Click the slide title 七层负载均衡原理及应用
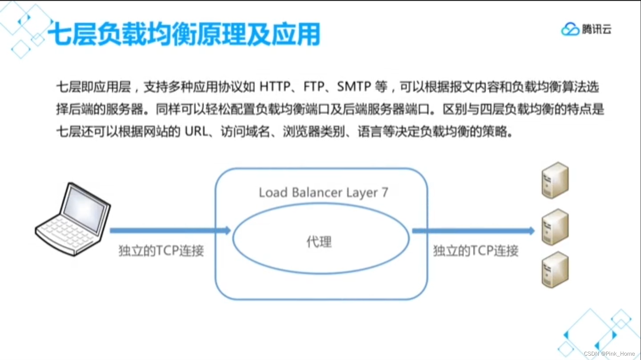pyautogui.click(x=184, y=34)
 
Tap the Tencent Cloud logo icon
pyautogui.click(x=570, y=29)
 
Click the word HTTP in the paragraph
pyautogui.click(x=275, y=87)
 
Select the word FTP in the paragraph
pyautogui.click(x=314, y=87)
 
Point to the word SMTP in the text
pyautogui.click(x=354, y=87)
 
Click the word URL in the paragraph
pyautogui.click(x=196, y=132)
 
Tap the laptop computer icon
pyautogui.click(x=73, y=219)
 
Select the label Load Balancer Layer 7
pyautogui.click(x=323, y=192)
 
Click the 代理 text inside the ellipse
pyautogui.click(x=319, y=241)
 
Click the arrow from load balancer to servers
pyautogui.click(x=473, y=231)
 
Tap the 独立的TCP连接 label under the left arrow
pyautogui.click(x=161, y=251)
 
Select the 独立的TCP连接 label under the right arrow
pyautogui.click(x=475, y=251)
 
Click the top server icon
pyautogui.click(x=555, y=180)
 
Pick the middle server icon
pyautogui.click(x=555, y=227)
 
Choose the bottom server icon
pyautogui.click(x=555, y=270)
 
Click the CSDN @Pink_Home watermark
pyautogui.click(x=609, y=354)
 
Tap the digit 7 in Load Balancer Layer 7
pyautogui.click(x=385, y=192)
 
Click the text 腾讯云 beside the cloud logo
pyautogui.click(x=596, y=29)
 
